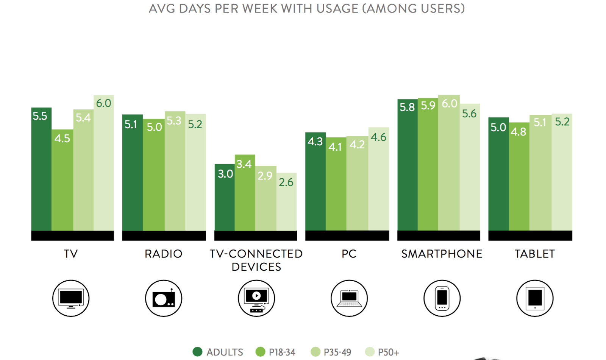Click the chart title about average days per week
306,8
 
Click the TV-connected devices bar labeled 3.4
245,193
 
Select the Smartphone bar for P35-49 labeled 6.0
449,163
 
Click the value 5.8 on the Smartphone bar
407,108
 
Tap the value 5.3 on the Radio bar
174,121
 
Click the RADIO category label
164,254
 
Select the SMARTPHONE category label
442,254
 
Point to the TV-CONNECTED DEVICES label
256,260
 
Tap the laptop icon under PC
349,298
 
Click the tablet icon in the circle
535,298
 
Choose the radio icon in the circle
164,298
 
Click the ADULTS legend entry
218,352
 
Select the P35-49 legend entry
331,352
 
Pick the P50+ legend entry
383,352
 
